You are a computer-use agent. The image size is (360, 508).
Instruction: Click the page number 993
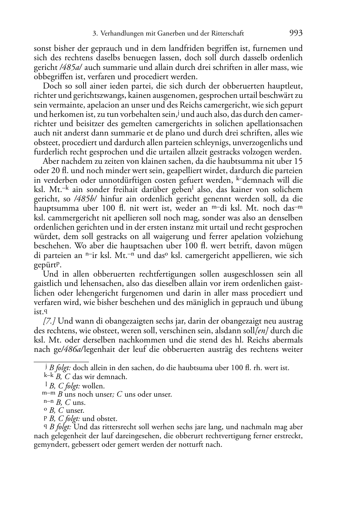(x=295, y=33)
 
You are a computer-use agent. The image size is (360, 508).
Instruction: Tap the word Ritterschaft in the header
(x=226, y=34)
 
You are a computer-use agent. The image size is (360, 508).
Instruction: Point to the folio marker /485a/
(x=71, y=67)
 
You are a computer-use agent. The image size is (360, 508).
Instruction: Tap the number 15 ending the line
(x=298, y=161)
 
